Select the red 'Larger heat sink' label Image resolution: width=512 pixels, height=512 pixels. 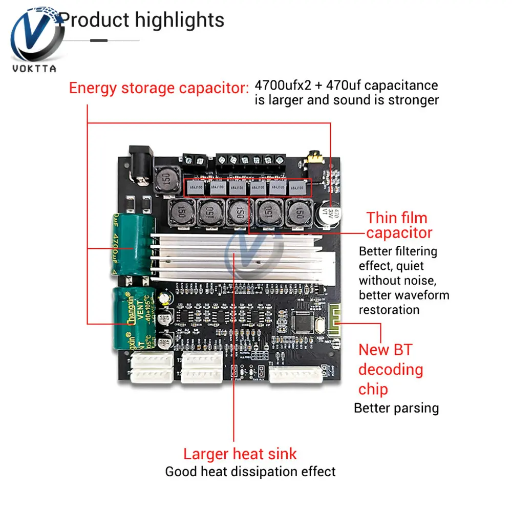coord(240,454)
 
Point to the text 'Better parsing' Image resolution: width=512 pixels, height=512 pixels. coord(396,408)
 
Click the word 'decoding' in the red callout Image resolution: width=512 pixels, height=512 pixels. coord(391,370)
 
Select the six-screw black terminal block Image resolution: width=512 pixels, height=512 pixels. coord(251,160)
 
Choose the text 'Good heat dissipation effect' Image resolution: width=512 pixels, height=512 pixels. coord(250,472)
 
